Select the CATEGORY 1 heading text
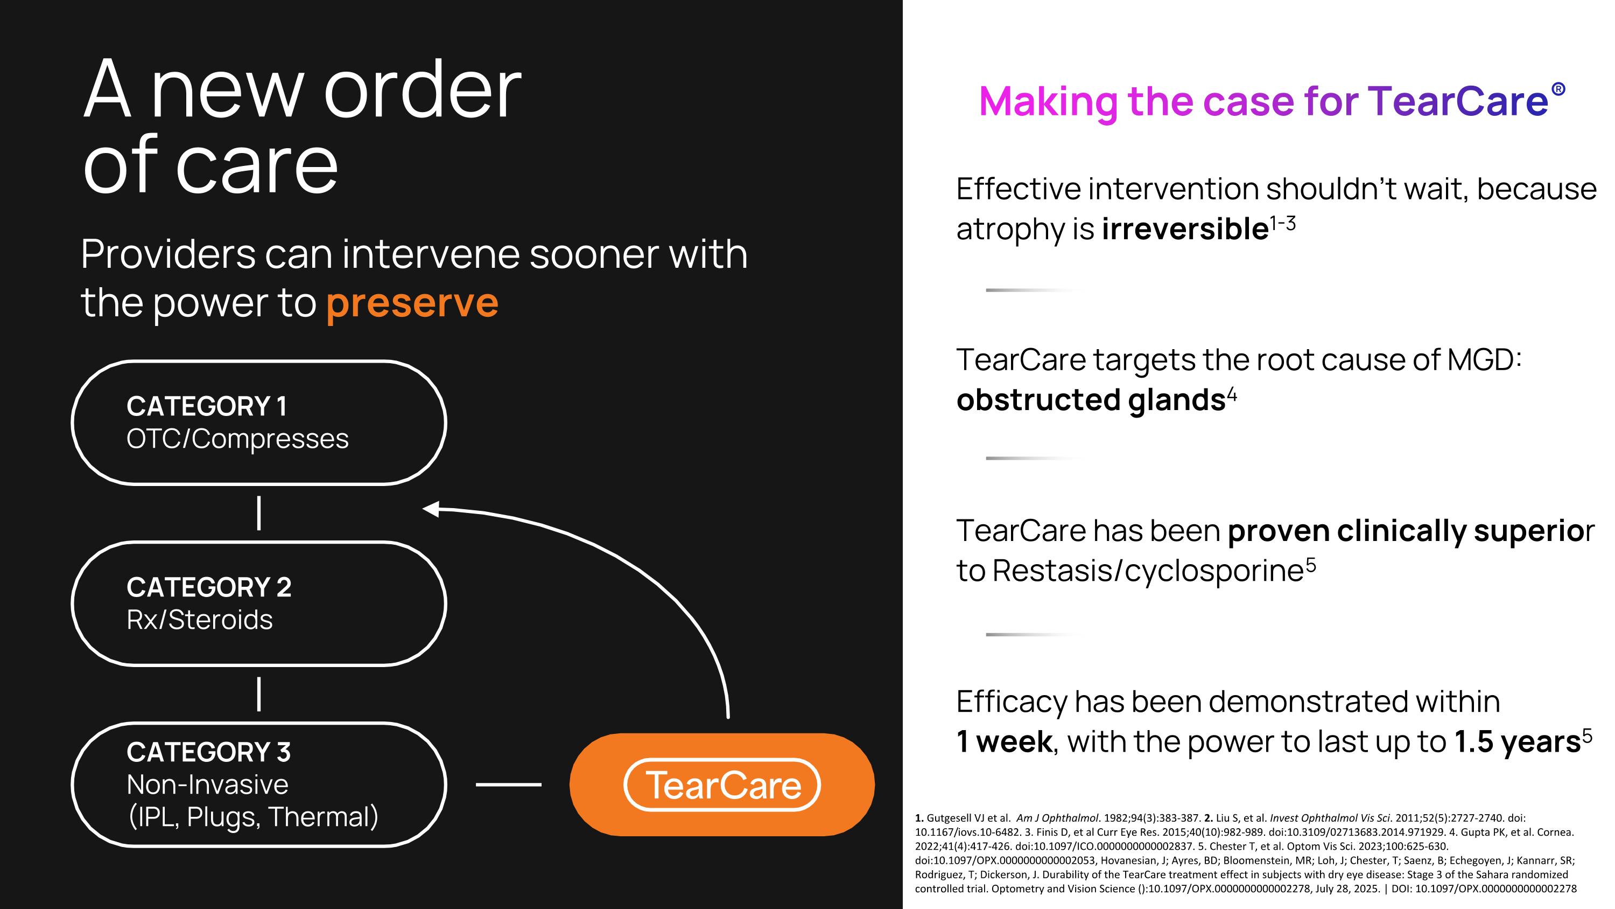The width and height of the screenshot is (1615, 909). tap(207, 406)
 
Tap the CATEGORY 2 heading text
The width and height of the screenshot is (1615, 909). tap(209, 587)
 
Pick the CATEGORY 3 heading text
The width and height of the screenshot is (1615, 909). tap(208, 752)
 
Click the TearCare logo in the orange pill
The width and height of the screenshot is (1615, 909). tap(722, 785)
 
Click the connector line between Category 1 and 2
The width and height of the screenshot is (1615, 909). tap(259, 513)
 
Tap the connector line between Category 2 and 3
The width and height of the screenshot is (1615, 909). tap(259, 694)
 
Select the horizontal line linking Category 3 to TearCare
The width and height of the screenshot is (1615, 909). tap(508, 784)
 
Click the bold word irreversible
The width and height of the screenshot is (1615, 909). tap(1185, 228)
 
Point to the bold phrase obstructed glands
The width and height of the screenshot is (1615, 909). tap(1091, 400)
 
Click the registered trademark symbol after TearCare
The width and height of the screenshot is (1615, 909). tap(1558, 89)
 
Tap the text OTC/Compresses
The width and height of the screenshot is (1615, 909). tap(237, 439)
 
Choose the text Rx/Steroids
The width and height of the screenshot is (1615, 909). tap(199, 620)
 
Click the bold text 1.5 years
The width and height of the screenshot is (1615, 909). tap(1517, 742)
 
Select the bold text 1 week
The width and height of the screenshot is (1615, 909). tap(1005, 741)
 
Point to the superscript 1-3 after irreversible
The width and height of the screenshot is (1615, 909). tap(1283, 223)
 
